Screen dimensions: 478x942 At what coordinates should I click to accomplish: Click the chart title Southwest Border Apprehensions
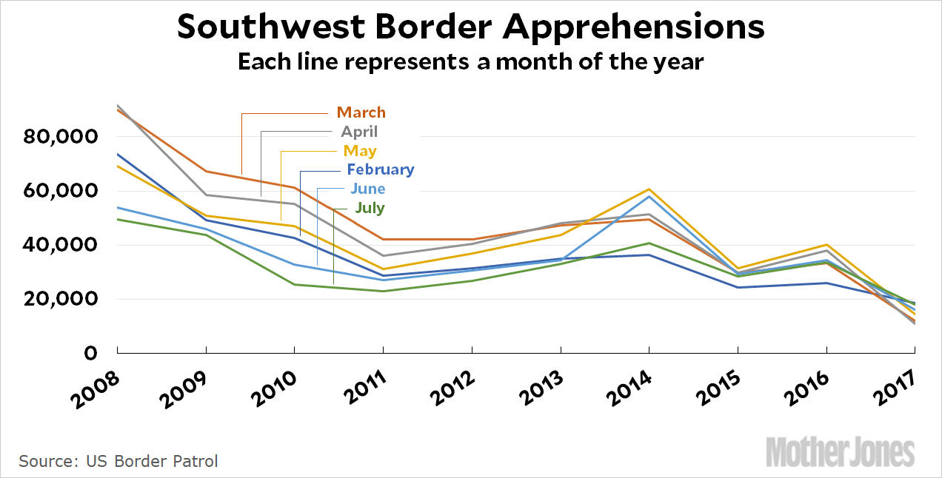471,28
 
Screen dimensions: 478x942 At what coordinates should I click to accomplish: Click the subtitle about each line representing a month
470,61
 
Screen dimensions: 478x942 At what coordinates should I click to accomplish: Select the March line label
361,112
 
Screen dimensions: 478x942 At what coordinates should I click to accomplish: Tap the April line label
359,132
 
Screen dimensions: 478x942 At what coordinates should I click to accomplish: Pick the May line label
360,151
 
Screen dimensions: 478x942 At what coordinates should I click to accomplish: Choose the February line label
381,169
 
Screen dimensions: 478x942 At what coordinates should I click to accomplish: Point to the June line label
368,189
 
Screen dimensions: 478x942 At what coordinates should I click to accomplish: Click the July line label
370,208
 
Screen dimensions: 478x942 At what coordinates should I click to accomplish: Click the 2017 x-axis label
895,386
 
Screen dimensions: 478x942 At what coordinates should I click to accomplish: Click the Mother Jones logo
841,451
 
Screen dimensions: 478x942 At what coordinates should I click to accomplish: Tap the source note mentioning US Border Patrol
118,461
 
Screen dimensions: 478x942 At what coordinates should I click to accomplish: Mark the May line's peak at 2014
649,189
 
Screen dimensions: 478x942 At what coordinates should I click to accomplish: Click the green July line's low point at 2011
383,291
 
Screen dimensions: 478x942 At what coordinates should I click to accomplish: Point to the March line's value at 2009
206,172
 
